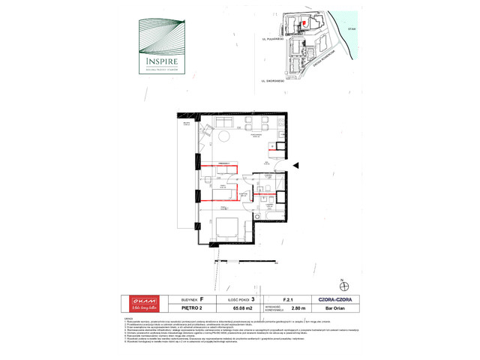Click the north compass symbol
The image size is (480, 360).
point(344,284)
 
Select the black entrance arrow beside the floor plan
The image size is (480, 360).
point(297,166)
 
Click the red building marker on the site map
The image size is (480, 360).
point(304,23)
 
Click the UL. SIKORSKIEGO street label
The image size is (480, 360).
point(268,78)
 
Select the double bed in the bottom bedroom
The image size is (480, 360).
point(229,227)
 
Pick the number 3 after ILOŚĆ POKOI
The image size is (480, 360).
point(253,298)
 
